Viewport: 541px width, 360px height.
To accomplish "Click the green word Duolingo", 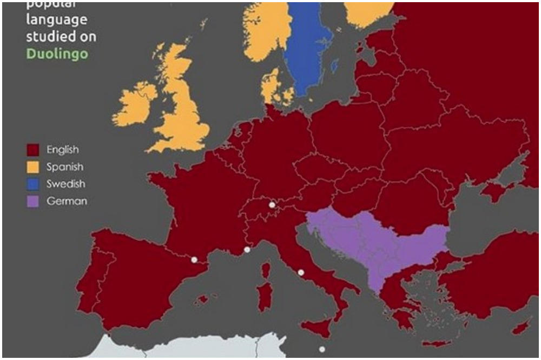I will coord(58,54).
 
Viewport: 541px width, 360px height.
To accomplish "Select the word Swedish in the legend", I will coord(65,184).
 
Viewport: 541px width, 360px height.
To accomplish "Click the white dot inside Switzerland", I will coord(272,205).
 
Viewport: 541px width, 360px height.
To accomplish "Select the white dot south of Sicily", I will coord(322,349).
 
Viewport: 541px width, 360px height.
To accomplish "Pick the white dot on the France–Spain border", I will coord(194,259).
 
